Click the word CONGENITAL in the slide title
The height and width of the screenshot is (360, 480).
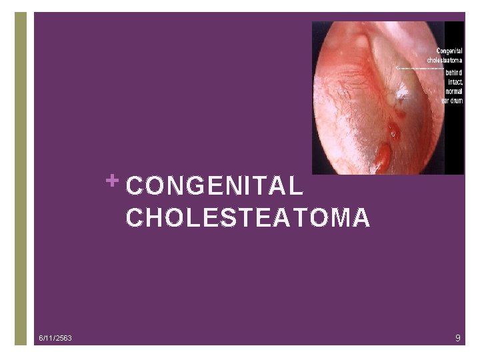pos(215,187)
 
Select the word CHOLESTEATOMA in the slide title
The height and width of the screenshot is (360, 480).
pos(247,218)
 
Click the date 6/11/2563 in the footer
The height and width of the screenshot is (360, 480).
pos(55,339)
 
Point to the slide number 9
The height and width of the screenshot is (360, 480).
pos(458,339)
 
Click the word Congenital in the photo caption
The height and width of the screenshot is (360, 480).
pos(450,51)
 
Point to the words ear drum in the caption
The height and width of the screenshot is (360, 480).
pos(451,101)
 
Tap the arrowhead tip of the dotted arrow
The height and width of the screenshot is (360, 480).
pos(397,68)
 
